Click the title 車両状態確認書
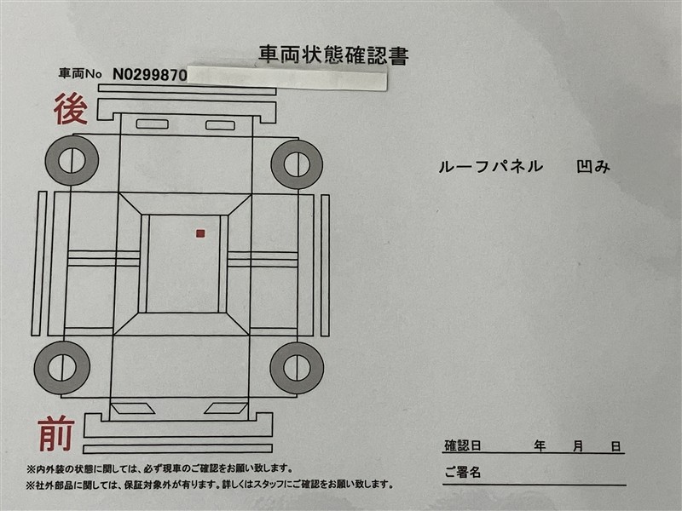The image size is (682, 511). click(333, 55)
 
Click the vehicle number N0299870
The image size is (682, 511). click(150, 75)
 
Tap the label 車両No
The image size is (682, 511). click(80, 73)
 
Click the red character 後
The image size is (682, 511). click(71, 110)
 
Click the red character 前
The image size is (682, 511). click(56, 433)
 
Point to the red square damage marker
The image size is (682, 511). click(200, 233)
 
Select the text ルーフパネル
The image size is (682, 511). click(491, 166)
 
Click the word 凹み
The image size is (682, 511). click(593, 166)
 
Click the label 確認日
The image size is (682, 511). click(462, 445)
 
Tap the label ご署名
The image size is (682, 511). click(462, 472)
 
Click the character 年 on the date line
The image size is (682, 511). click(540, 445)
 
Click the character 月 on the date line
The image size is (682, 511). click(578, 446)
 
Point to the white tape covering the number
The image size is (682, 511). click(287, 78)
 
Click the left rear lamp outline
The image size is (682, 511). click(153, 123)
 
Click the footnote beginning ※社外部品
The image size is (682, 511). click(210, 484)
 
